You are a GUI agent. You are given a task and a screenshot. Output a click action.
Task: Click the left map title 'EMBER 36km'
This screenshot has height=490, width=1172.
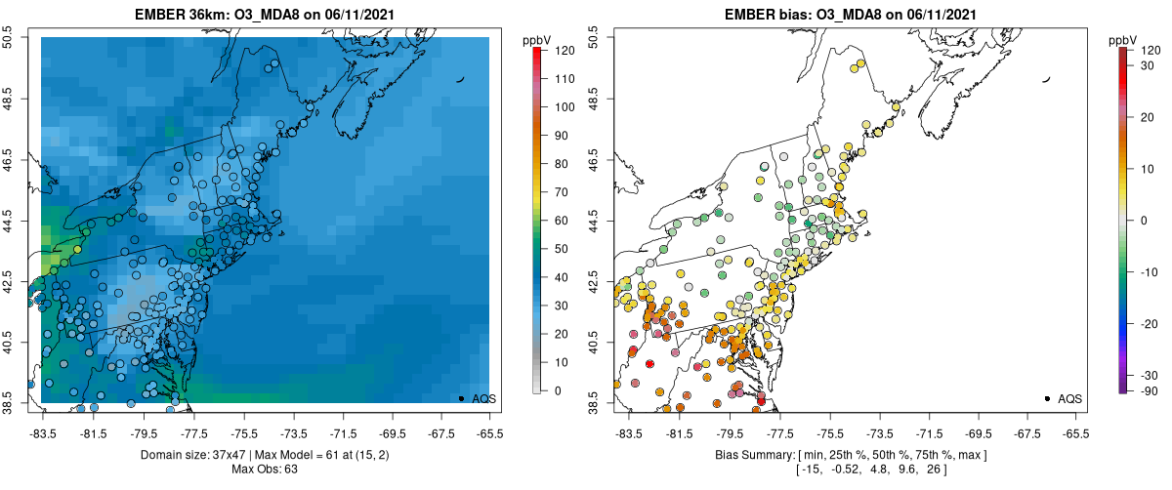pos(181,13)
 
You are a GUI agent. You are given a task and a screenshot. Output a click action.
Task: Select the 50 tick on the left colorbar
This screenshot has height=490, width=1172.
pos(563,249)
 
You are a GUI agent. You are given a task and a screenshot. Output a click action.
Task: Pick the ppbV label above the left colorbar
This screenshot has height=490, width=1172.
pos(537,40)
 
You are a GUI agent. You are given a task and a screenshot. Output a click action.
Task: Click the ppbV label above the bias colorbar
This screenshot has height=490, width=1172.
pos(1124,40)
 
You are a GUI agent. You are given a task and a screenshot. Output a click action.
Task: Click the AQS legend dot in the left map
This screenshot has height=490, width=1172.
pos(461,398)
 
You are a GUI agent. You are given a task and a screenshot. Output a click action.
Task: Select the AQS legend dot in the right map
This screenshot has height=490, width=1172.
pos(1047,398)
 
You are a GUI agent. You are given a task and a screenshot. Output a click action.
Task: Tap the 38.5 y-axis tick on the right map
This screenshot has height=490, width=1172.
pos(598,401)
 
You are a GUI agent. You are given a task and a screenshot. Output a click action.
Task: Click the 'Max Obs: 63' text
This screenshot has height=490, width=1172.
pos(265,470)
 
